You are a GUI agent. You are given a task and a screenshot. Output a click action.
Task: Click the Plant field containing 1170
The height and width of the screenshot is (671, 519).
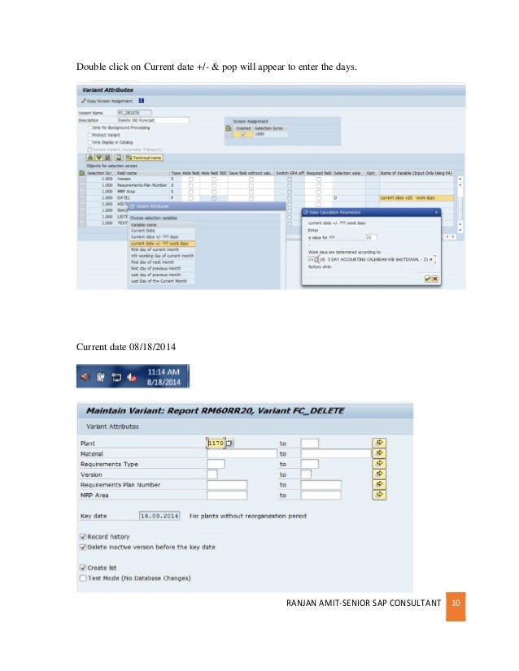216,443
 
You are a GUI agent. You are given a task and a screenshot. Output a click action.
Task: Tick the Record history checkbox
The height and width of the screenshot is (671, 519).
83,536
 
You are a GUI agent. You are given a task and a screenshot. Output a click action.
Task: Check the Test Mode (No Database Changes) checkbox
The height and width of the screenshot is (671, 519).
83,578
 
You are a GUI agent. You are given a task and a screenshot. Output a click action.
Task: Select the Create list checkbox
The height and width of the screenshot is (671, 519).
83,567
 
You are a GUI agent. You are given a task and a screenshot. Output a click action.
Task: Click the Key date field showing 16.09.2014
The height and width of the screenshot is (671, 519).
159,515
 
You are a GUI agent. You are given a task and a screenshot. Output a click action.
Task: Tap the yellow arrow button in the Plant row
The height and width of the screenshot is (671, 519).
379,443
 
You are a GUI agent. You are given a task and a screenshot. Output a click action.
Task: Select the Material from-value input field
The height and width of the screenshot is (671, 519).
242,453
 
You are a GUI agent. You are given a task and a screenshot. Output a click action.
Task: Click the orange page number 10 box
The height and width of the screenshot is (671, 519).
456,604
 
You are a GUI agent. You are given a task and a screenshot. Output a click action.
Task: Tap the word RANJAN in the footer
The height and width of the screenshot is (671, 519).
302,604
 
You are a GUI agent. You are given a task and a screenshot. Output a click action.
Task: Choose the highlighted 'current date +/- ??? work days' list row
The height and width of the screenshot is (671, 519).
163,243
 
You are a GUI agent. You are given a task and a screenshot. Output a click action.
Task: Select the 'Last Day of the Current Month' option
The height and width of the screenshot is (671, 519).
159,280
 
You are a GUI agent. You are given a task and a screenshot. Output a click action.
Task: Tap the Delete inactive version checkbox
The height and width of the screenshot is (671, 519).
83,547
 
